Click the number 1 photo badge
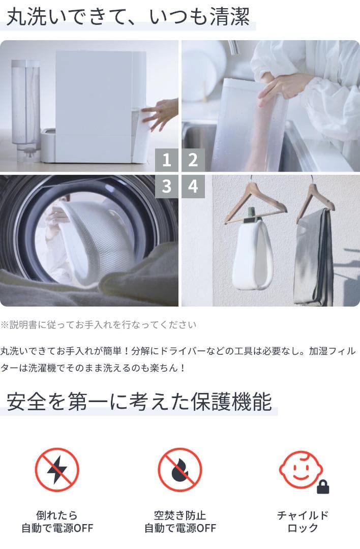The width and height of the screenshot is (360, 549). click(166, 161)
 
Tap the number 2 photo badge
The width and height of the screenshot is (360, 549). click(193, 161)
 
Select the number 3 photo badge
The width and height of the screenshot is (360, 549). click(166, 187)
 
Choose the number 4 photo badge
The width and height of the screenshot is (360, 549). click(193, 187)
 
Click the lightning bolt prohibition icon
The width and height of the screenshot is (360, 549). click(57, 470)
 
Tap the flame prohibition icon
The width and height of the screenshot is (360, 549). click(179, 470)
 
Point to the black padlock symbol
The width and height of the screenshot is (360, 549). click(323, 487)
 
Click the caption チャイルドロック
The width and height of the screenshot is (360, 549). click(303, 522)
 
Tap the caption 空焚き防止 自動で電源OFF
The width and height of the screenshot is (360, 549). click(180, 522)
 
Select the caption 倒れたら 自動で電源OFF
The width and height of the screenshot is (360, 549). click(57, 522)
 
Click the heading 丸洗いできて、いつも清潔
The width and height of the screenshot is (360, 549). click(128, 17)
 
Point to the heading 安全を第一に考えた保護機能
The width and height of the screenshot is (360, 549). click(139, 402)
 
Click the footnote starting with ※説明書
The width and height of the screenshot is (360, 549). click(98, 324)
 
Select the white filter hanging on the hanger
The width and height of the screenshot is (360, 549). click(253, 254)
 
